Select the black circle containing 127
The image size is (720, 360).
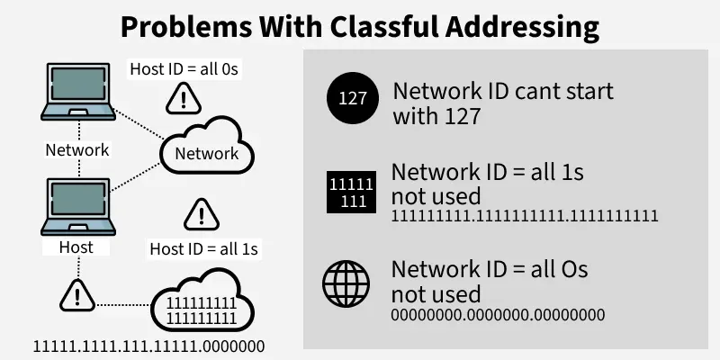click(x=353, y=99)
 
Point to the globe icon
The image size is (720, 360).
click(x=346, y=285)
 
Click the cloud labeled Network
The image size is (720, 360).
click(x=206, y=151)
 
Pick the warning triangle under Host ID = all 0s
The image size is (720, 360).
click(x=184, y=95)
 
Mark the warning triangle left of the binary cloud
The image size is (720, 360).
click(x=77, y=294)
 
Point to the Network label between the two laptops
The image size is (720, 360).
click(x=77, y=149)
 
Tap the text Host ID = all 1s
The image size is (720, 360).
click(x=198, y=247)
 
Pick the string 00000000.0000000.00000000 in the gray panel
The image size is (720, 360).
click(x=498, y=315)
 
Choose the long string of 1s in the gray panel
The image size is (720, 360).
click(x=525, y=216)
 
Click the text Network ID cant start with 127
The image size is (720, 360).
click(x=503, y=103)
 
